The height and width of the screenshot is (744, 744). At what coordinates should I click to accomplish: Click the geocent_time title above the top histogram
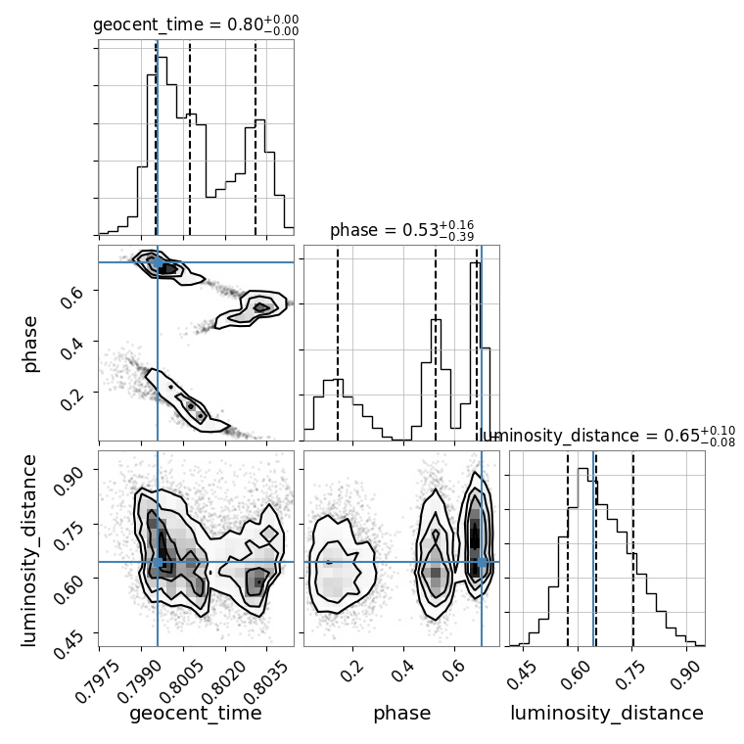click(196, 25)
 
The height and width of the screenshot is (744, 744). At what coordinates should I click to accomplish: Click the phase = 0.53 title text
click(401, 231)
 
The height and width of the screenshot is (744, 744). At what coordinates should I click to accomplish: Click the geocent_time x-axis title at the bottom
click(196, 714)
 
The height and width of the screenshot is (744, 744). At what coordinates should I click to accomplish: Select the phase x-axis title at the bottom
click(401, 714)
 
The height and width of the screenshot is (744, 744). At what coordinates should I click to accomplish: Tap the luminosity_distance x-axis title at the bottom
click(607, 714)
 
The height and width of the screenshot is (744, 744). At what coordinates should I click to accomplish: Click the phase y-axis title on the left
click(30, 343)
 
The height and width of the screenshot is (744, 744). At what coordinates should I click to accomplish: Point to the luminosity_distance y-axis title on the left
click(30, 548)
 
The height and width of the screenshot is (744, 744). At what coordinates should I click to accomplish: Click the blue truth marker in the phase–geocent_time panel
click(158, 262)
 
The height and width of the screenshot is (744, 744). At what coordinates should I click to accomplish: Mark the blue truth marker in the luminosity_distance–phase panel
click(482, 562)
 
